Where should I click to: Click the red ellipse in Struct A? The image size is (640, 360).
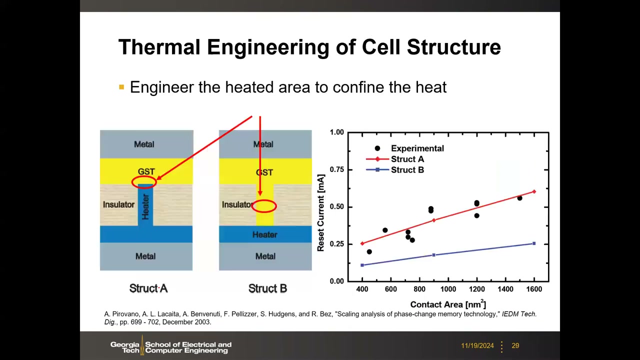point(131,181)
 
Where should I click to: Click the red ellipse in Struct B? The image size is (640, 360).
point(252,206)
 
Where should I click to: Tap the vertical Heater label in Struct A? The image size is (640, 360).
point(145,207)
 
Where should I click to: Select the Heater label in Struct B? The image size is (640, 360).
point(265,234)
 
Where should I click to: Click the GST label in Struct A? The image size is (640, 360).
point(146,171)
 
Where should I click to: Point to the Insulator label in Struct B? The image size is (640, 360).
point(237,204)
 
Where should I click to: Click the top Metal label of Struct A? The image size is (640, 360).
point(144,144)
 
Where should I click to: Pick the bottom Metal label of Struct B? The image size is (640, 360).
point(265,256)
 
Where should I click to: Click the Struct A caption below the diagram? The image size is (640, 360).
point(148,288)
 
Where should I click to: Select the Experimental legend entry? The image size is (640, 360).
point(409,148)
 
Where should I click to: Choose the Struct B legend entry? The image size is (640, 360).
point(395,169)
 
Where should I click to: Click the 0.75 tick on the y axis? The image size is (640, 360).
point(337,169)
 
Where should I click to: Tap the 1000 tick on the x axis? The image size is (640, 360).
point(448,289)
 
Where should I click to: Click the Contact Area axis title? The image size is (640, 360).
point(448,304)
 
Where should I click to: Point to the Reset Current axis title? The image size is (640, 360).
point(320,213)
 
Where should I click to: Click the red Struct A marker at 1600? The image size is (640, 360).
point(534,191)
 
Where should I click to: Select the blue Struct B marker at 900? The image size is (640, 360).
point(433,255)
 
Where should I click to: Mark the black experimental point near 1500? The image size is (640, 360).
point(519,198)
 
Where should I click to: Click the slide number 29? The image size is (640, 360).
point(515,345)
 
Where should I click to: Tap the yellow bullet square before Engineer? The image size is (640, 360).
point(121,87)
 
